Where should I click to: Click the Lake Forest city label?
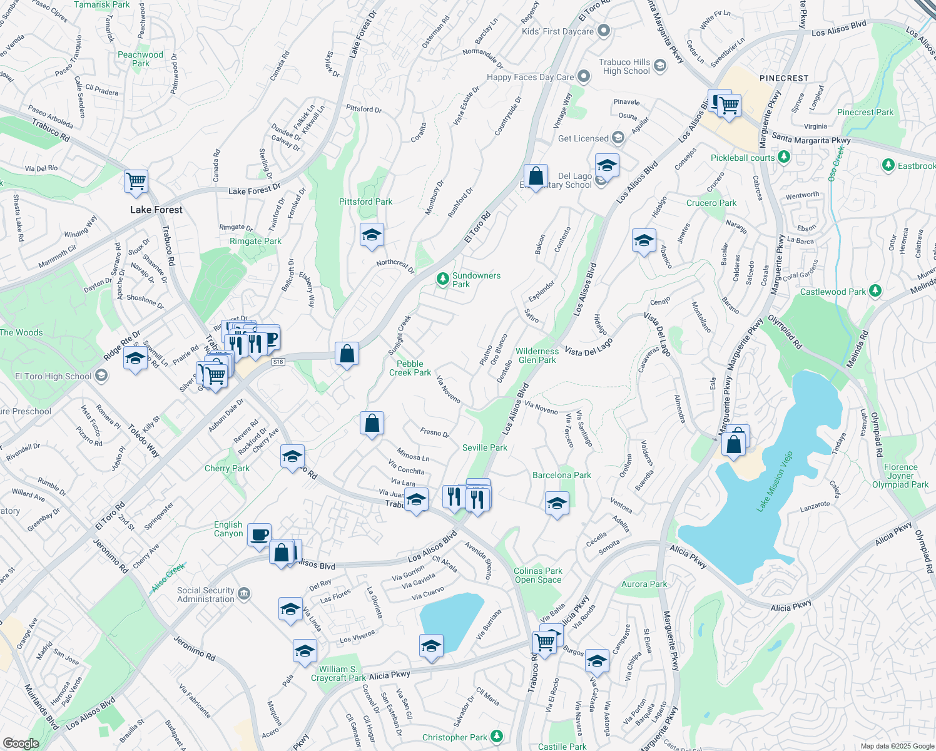point(156,210)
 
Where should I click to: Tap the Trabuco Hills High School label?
point(624,66)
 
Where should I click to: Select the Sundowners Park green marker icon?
point(443,277)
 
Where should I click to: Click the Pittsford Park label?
point(365,202)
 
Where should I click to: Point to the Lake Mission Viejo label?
point(775,481)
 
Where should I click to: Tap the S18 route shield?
point(278,362)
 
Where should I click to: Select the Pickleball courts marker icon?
point(785,158)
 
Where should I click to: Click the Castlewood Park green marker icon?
point(875,291)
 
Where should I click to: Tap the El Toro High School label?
point(53,376)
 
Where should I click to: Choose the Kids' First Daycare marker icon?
point(604,31)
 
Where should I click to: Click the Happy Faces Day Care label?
point(530,77)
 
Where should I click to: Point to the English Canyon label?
point(228,529)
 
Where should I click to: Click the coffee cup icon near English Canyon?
point(260,535)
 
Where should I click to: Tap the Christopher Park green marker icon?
point(497,736)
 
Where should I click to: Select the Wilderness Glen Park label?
point(537,355)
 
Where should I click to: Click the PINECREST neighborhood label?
point(784,78)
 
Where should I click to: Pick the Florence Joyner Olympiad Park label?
point(900,476)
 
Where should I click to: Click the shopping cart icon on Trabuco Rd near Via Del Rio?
point(136,181)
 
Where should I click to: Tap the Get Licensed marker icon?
point(618,138)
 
